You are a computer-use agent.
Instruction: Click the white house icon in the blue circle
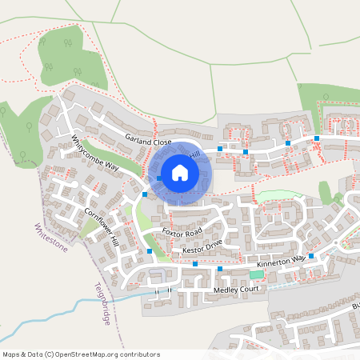click(180, 172)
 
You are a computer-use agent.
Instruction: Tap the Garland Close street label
click(148, 141)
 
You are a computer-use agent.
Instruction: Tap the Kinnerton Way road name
click(282, 260)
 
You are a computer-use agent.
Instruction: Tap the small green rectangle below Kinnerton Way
click(255, 274)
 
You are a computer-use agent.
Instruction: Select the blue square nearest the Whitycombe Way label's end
click(144, 194)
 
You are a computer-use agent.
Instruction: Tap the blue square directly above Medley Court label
click(219, 269)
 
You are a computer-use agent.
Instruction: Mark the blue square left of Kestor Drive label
click(150, 251)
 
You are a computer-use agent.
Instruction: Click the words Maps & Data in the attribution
click(21, 354)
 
